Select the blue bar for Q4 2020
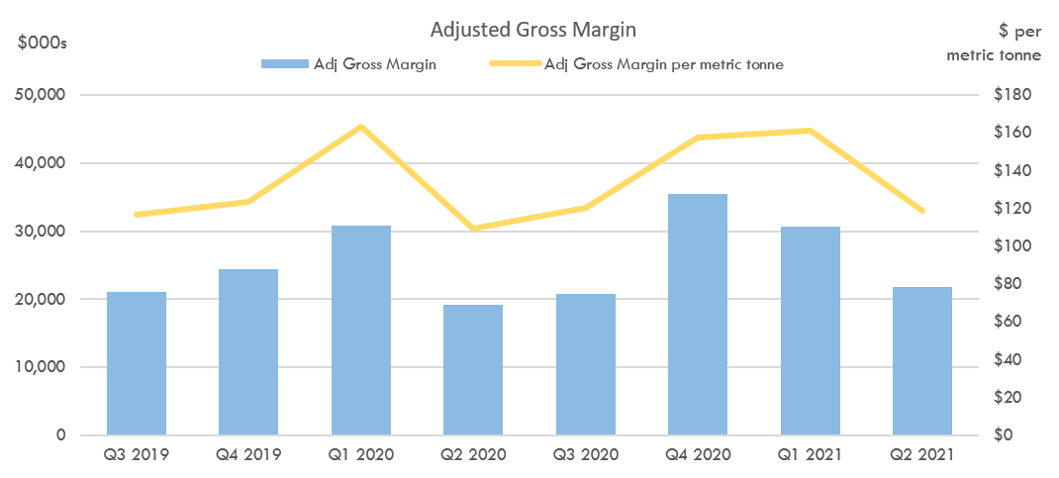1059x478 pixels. click(698, 315)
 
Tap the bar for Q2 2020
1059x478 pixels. click(473, 370)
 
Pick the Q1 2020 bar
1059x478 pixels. click(361, 331)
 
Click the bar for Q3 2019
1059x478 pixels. click(137, 363)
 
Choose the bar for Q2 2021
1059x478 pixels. click(922, 361)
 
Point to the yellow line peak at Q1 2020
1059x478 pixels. click(361, 127)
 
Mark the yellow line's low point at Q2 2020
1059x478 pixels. click(473, 229)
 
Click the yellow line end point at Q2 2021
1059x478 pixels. click(922, 211)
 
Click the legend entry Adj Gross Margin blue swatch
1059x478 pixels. click(283, 64)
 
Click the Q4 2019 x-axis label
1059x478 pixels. click(248, 455)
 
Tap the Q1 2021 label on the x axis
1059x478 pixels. click(810, 455)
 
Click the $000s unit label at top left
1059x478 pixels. click(43, 43)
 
